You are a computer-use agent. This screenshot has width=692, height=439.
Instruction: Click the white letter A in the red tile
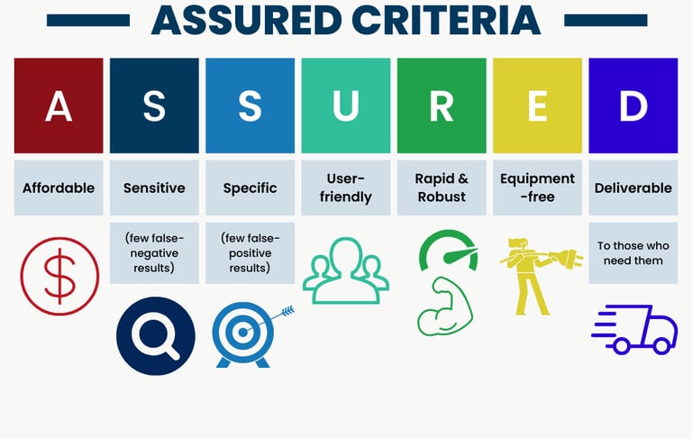coord(59,106)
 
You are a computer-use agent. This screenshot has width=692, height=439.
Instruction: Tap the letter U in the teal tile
coord(346,106)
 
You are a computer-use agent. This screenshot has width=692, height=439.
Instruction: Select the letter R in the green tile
coord(442,106)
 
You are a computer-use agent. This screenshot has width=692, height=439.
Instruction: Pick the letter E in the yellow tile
coord(538,106)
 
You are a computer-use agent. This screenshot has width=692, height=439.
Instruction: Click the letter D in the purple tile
coord(633,106)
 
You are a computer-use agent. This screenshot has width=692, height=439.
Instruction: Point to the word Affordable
coord(59,188)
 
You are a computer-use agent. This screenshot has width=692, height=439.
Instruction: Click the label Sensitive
coord(154,188)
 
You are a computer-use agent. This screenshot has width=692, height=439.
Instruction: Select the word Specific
coord(250,188)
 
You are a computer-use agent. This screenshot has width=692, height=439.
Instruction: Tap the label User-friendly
coord(346,187)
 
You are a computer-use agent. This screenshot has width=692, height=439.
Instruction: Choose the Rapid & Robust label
coord(442,187)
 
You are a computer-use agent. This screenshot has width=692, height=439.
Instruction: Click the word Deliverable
coord(633,188)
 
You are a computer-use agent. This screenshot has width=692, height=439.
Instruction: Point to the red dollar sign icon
coord(60,276)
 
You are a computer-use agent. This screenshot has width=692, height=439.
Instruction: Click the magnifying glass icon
coord(155,336)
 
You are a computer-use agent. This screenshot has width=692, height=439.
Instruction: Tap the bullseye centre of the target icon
coord(242,333)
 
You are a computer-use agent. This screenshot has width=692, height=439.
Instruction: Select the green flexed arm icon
coord(445,306)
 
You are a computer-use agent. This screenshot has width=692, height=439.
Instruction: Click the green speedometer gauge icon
coord(449,250)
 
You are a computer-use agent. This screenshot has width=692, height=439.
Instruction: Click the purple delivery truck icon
coord(634,329)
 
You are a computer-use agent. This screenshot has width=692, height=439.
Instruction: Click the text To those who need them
coord(633,253)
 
